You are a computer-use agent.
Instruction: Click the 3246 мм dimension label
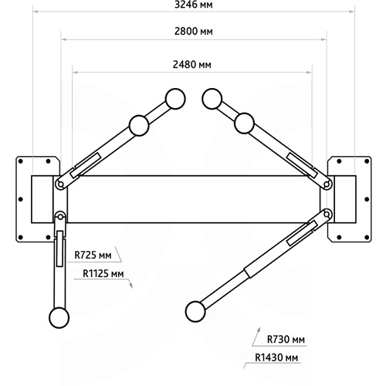tap(194, 5)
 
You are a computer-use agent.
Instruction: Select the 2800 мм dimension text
tap(194, 32)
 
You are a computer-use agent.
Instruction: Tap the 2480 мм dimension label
tap(192, 64)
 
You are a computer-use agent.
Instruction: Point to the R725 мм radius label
tap(93, 255)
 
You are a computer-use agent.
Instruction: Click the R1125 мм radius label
tap(103, 273)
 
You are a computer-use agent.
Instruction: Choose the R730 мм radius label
tap(286, 339)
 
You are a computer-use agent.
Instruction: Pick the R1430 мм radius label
tap(276, 357)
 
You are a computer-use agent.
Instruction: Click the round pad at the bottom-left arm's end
tap(59, 318)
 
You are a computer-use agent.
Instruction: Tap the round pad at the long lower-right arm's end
tap(195, 312)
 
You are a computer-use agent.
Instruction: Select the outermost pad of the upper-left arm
tap(175, 99)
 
